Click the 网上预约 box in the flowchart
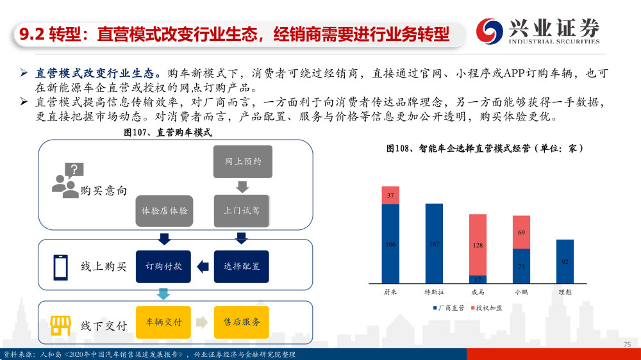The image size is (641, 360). click(243, 161)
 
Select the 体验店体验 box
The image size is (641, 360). click(164, 211)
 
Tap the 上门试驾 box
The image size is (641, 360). click(242, 211)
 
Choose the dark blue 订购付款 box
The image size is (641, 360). click(163, 266)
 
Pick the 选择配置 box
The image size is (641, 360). click(242, 266)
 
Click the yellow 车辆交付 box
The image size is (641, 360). click(163, 322)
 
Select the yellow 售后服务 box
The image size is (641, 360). click(242, 322)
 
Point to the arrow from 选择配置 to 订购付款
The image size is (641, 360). click(203, 267)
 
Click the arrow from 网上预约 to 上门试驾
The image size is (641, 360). click(242, 187)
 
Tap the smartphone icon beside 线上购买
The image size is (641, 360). click(60, 267)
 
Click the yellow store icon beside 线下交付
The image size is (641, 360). click(60, 325)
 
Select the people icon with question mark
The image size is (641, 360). click(68, 180)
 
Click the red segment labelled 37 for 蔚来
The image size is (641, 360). click(390, 195)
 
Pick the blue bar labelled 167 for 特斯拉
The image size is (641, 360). click(434, 243)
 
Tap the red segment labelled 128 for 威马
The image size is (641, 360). click(478, 245)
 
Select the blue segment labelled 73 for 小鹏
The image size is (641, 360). click(522, 266)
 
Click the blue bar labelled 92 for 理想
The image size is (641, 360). click(565, 261)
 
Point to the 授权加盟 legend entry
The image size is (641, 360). click(487, 308)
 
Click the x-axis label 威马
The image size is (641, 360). click(478, 292)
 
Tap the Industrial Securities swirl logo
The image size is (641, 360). click(490, 31)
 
